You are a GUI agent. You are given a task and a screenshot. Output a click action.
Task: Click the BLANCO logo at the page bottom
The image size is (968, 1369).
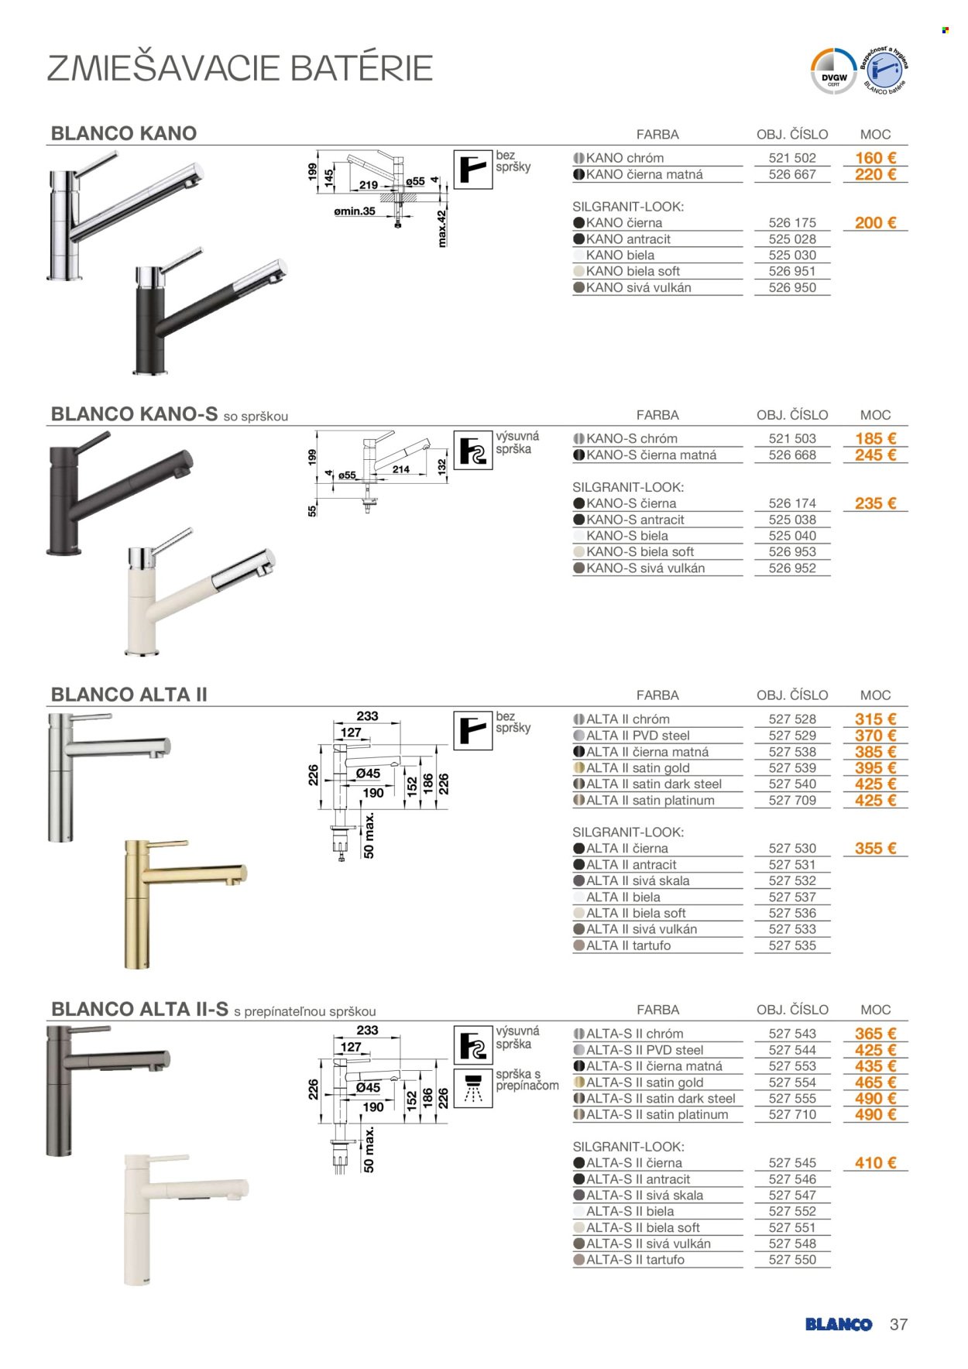tap(839, 1325)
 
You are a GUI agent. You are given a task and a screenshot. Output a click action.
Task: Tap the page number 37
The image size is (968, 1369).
tap(898, 1324)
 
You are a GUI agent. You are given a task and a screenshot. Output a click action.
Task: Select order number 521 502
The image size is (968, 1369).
tap(792, 158)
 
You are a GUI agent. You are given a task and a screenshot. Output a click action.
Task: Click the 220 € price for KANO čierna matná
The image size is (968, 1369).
tap(875, 175)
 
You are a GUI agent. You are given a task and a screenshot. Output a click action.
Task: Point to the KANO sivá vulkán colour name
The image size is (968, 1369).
tap(639, 288)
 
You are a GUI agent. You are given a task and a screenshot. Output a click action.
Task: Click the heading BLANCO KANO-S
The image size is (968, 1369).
tap(134, 414)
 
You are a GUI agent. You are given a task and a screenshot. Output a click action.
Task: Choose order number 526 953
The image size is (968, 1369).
tap(792, 552)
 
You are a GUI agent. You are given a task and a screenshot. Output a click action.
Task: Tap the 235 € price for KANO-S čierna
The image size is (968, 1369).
tap(875, 503)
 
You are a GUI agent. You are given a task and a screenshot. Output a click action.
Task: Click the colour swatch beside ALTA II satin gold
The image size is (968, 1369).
tap(578, 768)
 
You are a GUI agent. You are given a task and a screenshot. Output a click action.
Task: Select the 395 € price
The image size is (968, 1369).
tap(875, 768)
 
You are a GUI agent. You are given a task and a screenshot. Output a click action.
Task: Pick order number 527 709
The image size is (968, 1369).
tap(792, 801)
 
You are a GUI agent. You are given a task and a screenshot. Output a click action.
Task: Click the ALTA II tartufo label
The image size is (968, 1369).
tap(629, 945)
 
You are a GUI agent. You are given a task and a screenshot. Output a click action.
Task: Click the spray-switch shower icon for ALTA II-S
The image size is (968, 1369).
tap(472, 1088)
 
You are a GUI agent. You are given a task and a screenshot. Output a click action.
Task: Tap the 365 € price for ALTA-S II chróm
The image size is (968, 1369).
tap(875, 1034)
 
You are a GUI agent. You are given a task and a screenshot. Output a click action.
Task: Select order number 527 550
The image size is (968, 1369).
tap(792, 1260)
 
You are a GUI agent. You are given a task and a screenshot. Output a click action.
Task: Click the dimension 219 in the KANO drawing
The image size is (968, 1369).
tap(369, 185)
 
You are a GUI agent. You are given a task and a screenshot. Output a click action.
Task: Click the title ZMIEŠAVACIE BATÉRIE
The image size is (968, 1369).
tap(240, 68)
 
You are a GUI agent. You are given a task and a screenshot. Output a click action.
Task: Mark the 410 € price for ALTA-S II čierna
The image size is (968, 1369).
tap(875, 1163)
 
